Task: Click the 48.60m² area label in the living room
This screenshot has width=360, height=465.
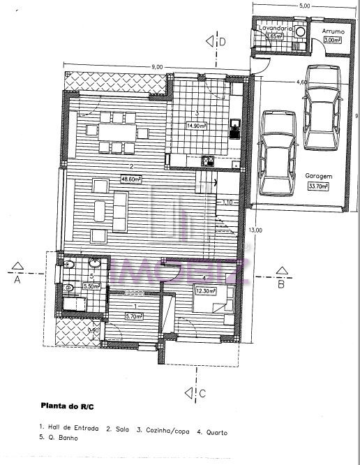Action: coord(130,177)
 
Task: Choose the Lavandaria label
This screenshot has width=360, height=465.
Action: coord(273,28)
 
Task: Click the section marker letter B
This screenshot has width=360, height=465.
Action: coord(280,283)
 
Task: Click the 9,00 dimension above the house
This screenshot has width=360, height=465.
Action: coord(157,66)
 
